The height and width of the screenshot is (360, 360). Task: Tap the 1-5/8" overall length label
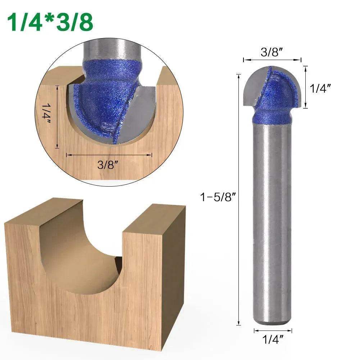(x=215, y=197)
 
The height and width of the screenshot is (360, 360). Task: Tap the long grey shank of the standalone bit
(x=272, y=216)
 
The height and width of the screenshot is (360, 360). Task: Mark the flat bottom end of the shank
(x=272, y=321)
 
